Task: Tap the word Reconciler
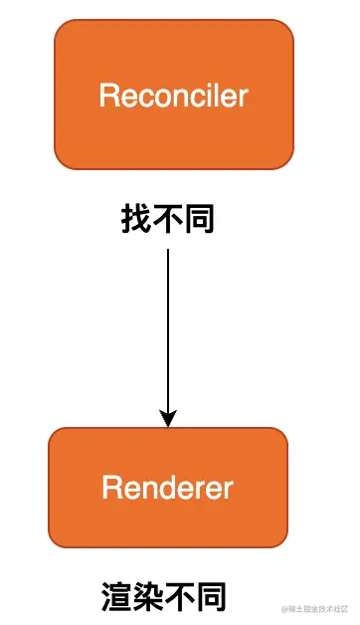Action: coord(174,96)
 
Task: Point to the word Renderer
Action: coord(168,489)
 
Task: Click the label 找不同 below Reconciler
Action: coord(168,218)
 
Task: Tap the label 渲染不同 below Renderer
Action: coord(165,596)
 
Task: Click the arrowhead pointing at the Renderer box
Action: coord(168,418)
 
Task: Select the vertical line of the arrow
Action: coord(168,328)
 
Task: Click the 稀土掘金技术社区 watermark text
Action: coord(316,607)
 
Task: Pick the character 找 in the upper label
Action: coord(137,218)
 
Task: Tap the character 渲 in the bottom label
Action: coord(117,596)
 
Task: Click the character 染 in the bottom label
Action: coord(149,596)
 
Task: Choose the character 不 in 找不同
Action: coord(168,218)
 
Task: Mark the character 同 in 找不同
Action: coord(199,218)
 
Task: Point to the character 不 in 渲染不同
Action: coord(181,596)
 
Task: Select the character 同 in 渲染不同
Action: coord(212,596)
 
